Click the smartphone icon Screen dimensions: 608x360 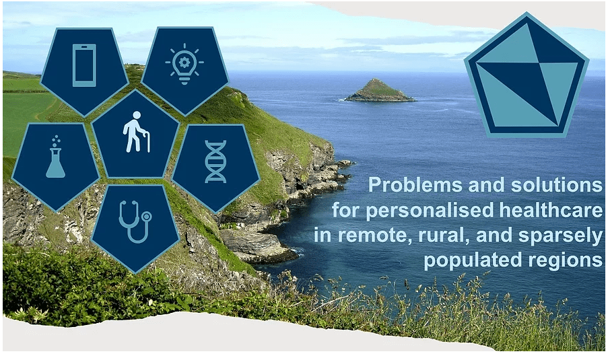pyautogui.click(x=84, y=65)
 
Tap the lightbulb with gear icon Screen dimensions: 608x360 pyautogui.click(x=184, y=64)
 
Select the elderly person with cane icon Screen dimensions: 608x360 pyautogui.click(x=136, y=132)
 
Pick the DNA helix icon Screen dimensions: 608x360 pyautogui.click(x=215, y=161)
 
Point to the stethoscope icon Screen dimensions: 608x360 pyautogui.click(x=135, y=221)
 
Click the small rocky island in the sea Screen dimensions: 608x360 pyautogui.click(x=379, y=90)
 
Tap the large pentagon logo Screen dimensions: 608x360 pyautogui.click(x=527, y=75)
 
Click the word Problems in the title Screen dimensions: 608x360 pyautogui.click(x=415, y=185)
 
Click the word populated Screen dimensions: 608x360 pyautogui.click(x=473, y=261)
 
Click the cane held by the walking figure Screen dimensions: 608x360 pyautogui.click(x=147, y=141)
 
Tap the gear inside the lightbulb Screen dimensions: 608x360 pyautogui.click(x=184, y=62)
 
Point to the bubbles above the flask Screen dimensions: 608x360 pyautogui.click(x=57, y=140)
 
